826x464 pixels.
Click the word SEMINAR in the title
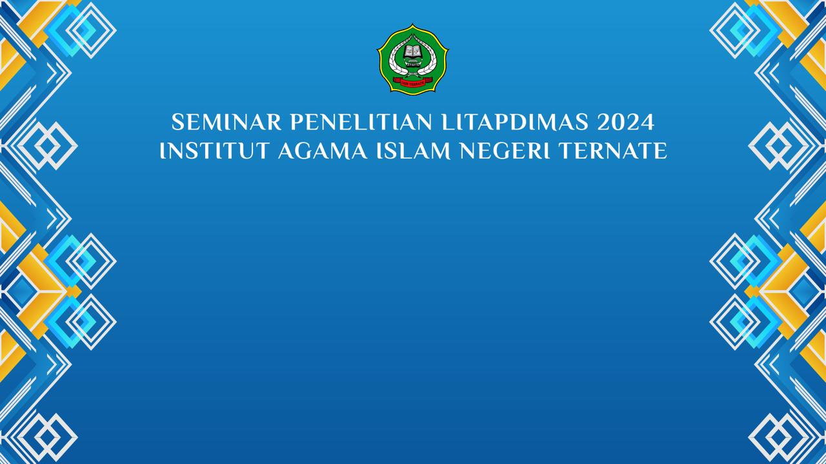227,122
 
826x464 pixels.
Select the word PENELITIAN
361,122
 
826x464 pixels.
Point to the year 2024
626,122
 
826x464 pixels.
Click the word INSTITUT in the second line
214,151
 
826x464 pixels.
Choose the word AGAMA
323,151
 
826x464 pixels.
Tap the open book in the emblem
412,51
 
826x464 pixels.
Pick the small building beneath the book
412,63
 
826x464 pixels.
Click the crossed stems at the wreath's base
412,74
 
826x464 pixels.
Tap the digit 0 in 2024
619,122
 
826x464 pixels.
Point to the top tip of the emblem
412,24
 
